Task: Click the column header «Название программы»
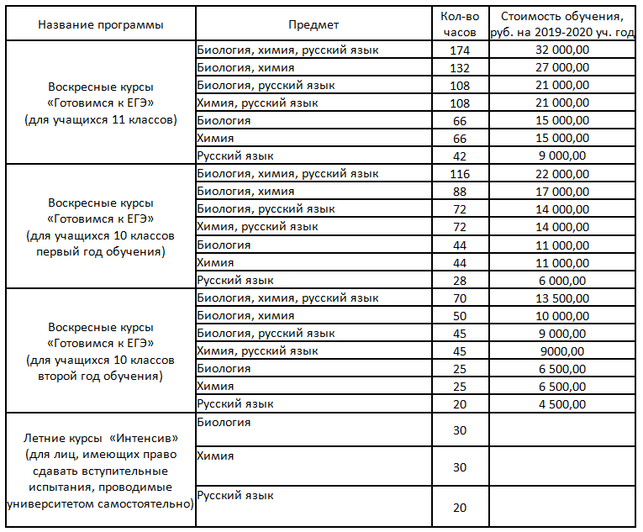click(x=101, y=24)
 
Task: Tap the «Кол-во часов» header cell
click(x=459, y=24)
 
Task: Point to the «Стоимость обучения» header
click(x=562, y=24)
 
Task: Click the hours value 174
click(x=459, y=50)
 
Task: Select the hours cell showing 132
click(x=459, y=68)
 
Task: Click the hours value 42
click(x=459, y=155)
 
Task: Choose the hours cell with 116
click(x=459, y=173)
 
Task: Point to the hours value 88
click(x=459, y=191)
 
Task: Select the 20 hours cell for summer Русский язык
click(x=459, y=508)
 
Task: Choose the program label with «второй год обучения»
click(x=101, y=350)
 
